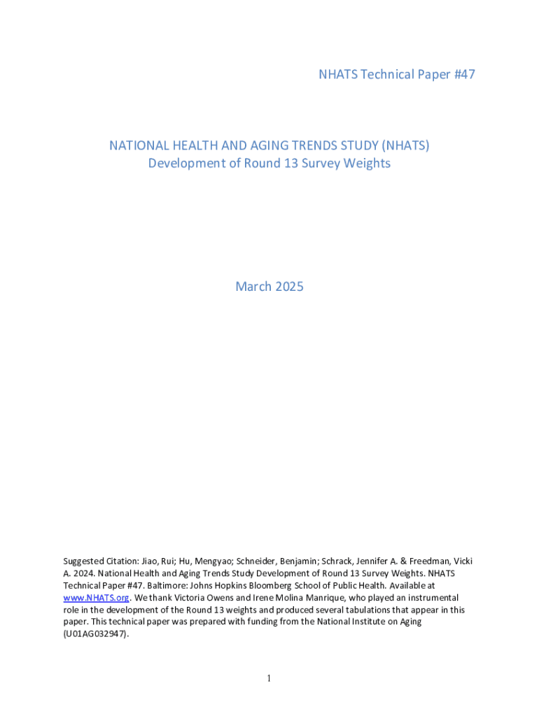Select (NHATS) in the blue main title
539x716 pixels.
point(405,145)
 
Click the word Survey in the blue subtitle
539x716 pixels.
point(321,164)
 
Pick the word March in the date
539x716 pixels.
point(253,287)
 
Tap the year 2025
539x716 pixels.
point(288,287)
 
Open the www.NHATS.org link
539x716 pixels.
point(96,598)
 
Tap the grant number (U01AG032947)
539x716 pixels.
point(96,634)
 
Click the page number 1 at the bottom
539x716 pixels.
point(269,679)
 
